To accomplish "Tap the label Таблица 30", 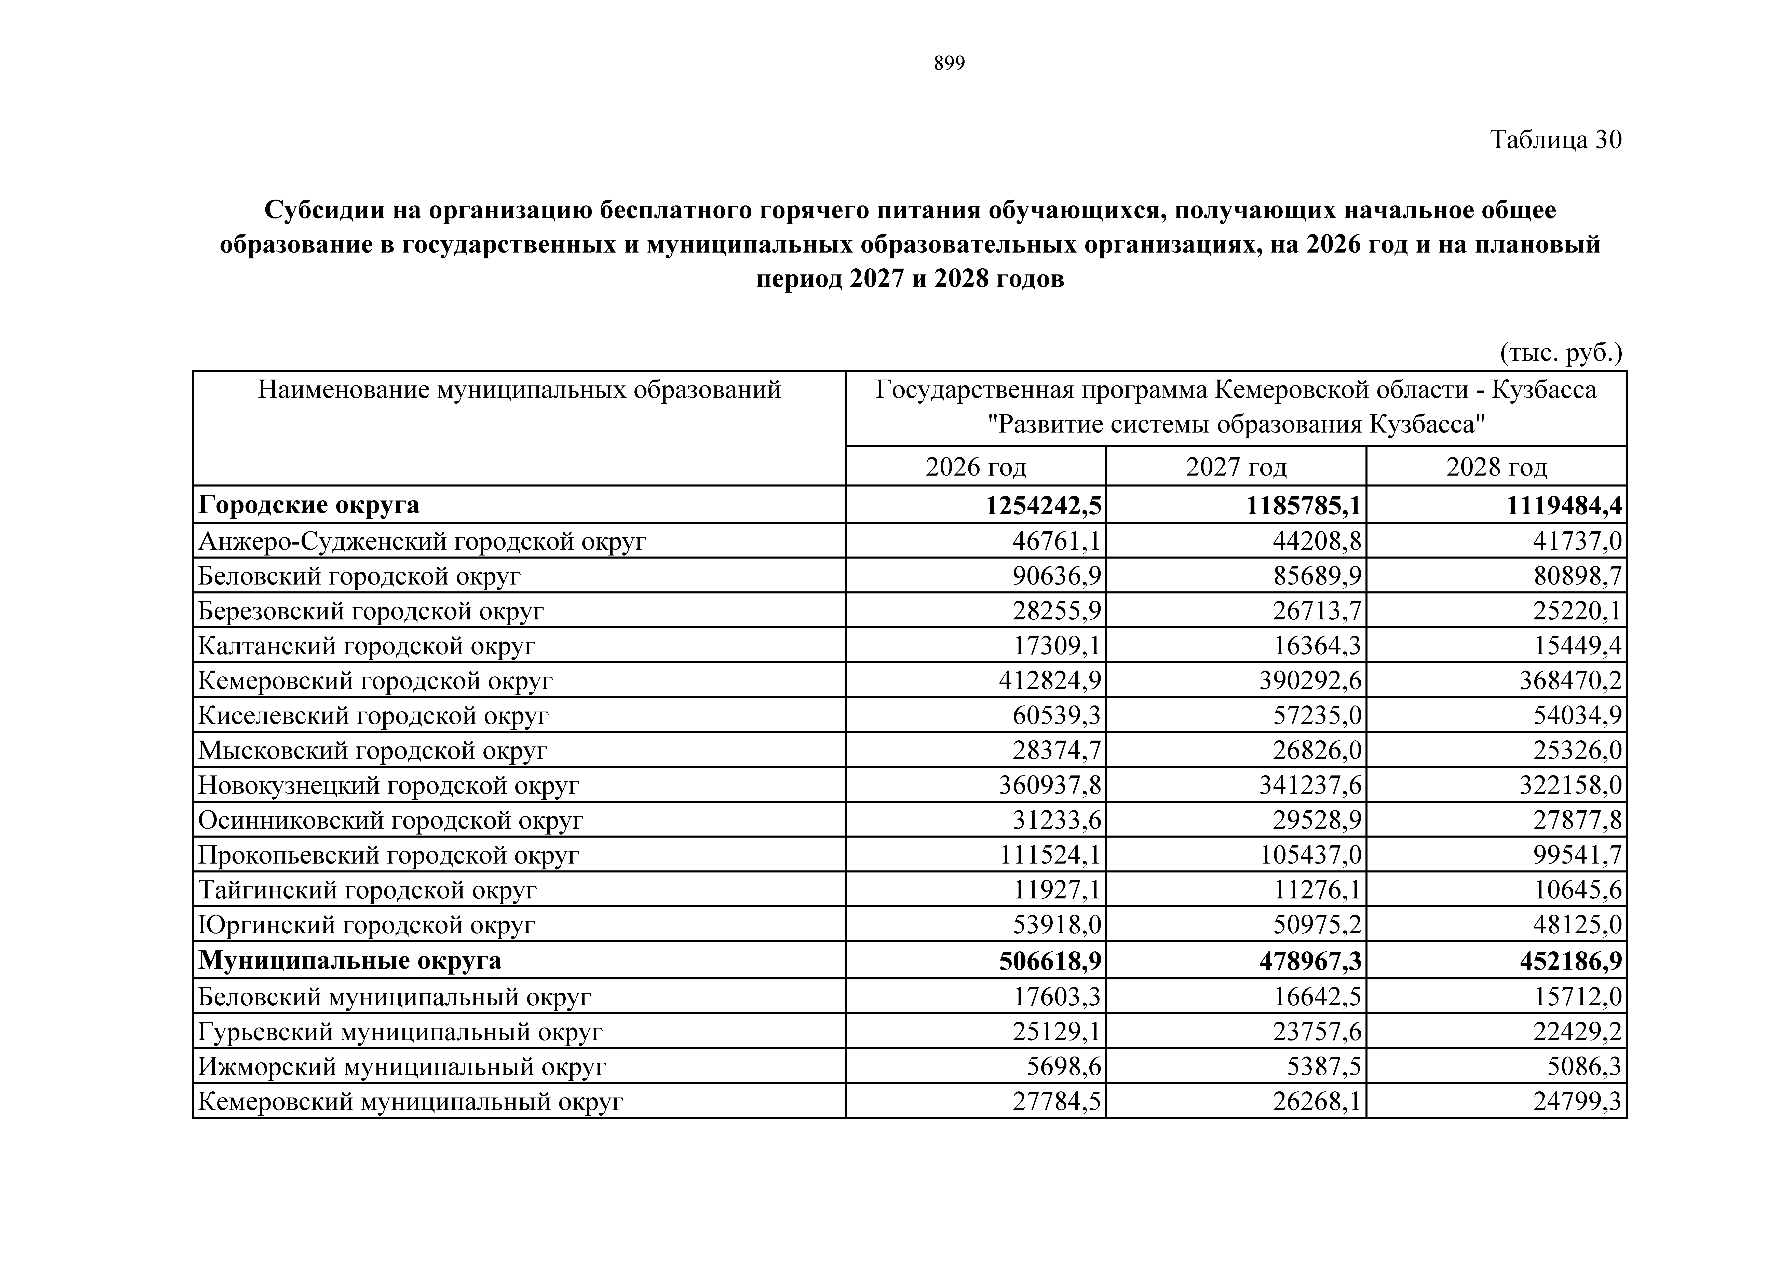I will [1555, 140].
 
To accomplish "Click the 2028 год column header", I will [1496, 467].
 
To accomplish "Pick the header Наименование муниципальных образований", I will [519, 389].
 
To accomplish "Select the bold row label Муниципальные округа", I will [349, 960].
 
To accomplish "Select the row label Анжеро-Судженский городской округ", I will [422, 541].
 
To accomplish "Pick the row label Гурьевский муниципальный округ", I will [400, 1032].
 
